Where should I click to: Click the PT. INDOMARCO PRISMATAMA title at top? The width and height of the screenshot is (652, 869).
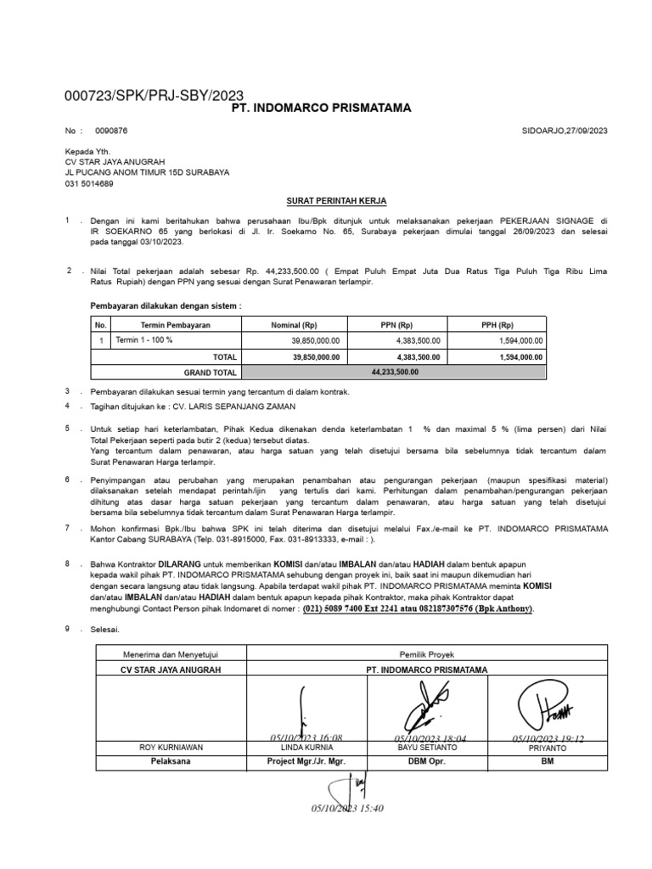(321, 108)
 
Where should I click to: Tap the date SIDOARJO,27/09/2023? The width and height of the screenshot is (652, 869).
(564, 131)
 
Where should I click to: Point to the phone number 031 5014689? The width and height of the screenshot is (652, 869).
(89, 183)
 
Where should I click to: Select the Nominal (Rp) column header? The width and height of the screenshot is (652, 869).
(293, 325)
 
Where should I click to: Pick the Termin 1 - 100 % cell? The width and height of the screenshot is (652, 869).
(143, 340)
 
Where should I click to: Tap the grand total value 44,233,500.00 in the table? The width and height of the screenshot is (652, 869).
(394, 372)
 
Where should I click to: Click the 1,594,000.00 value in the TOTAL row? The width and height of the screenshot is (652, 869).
(518, 357)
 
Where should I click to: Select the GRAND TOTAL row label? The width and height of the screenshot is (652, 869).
(210, 373)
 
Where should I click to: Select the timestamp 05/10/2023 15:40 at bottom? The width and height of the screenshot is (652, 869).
(347, 809)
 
